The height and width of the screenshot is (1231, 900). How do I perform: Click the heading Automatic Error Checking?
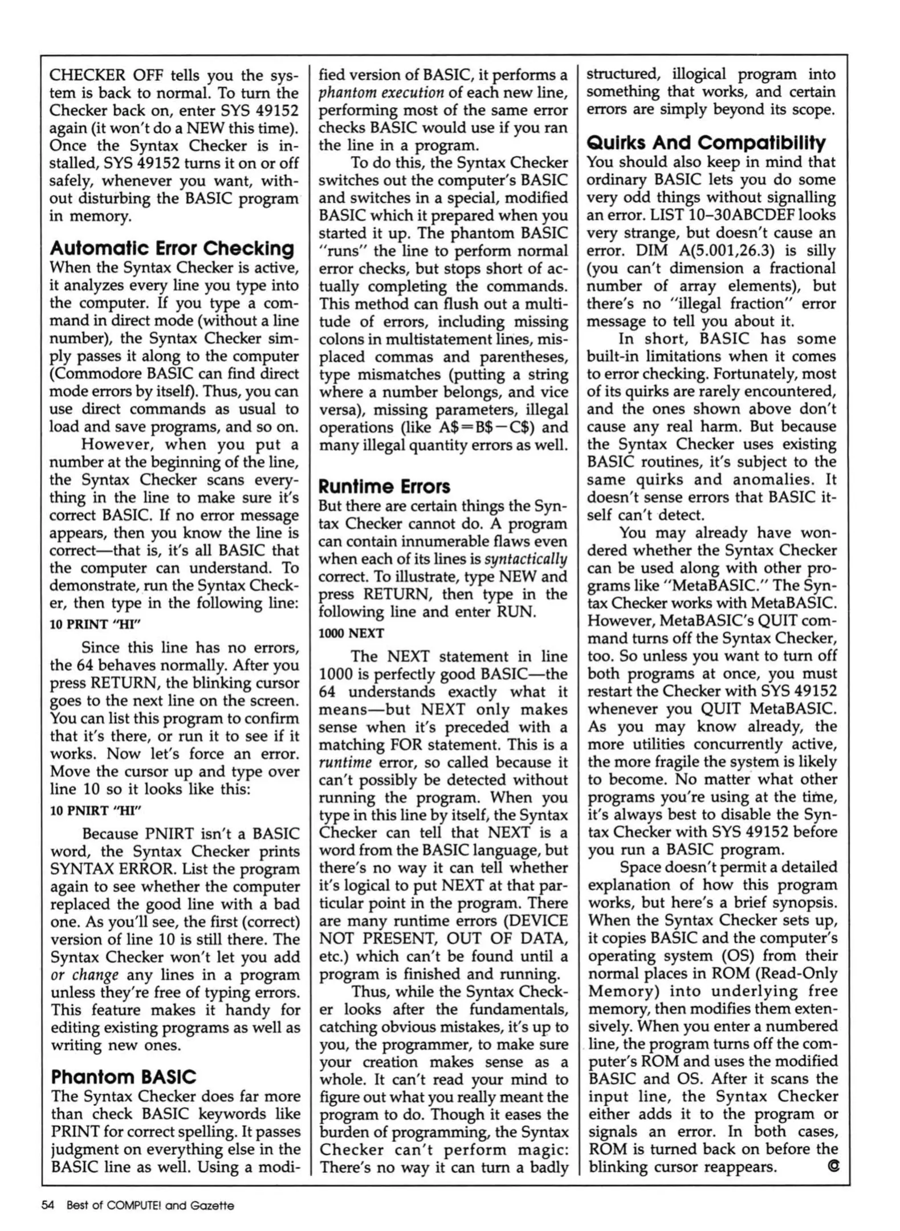(172, 248)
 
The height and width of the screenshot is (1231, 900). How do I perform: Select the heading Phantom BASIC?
(123, 1077)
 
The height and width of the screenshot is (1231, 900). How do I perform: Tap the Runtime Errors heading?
(384, 486)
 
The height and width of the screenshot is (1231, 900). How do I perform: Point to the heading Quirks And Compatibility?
(706, 142)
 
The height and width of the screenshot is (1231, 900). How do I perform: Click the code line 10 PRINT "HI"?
(95, 624)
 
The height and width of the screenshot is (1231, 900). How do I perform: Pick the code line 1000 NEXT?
(351, 633)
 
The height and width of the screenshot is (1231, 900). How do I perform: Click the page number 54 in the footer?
(48, 1205)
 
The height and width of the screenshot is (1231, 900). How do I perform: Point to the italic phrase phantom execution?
(381, 92)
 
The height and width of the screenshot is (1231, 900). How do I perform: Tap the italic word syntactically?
(525, 559)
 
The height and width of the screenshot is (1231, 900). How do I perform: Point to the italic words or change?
(84, 975)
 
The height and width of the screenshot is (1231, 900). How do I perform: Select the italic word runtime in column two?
(344, 762)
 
